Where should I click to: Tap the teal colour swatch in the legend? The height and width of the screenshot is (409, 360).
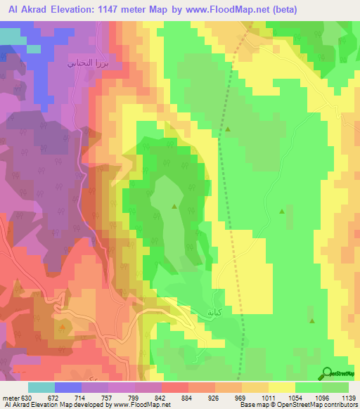click(x=41, y=387)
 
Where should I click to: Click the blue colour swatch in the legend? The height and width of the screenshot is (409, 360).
click(x=68, y=387)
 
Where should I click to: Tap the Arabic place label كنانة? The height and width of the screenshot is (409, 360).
click(x=214, y=311)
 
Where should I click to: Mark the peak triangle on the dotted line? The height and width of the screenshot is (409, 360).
click(x=228, y=129)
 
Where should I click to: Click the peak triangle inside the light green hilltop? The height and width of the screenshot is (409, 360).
click(x=174, y=206)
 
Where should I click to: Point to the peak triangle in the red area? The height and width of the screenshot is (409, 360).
click(x=64, y=327)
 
